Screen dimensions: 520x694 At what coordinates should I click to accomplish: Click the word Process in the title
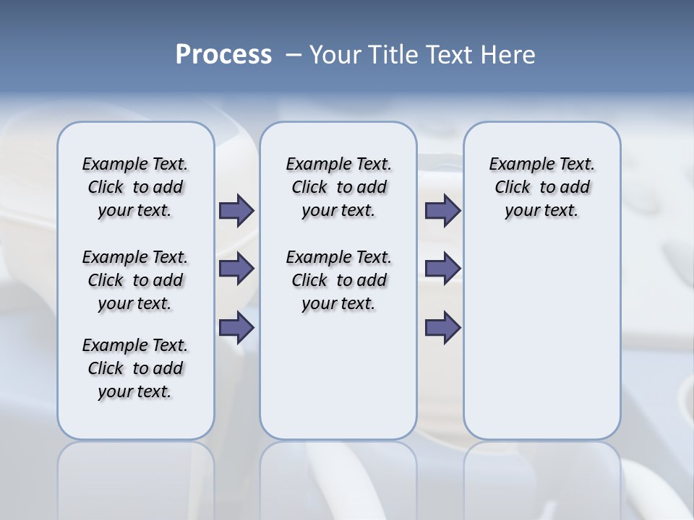(223, 55)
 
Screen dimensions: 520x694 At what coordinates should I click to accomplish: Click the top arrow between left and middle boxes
(236, 211)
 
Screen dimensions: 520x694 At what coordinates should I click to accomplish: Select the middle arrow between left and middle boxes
(236, 269)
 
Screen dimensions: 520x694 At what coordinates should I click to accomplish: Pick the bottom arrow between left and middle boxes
(236, 328)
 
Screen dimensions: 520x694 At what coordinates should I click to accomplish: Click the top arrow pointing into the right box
(442, 211)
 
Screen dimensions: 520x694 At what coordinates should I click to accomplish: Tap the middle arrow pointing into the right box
(442, 269)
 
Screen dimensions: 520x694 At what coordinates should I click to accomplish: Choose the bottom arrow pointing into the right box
(442, 328)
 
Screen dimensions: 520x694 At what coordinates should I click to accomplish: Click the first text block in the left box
(135, 187)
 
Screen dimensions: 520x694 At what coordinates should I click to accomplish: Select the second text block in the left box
(135, 280)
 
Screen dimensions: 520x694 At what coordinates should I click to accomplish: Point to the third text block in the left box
(135, 368)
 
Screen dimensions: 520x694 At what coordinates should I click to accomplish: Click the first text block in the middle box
(338, 187)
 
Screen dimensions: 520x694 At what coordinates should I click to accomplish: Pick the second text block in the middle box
(338, 280)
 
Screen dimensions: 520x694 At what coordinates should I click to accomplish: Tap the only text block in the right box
(541, 187)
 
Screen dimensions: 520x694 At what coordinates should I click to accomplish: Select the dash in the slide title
(294, 55)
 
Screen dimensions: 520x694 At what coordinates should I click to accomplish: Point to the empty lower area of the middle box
(338, 383)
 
